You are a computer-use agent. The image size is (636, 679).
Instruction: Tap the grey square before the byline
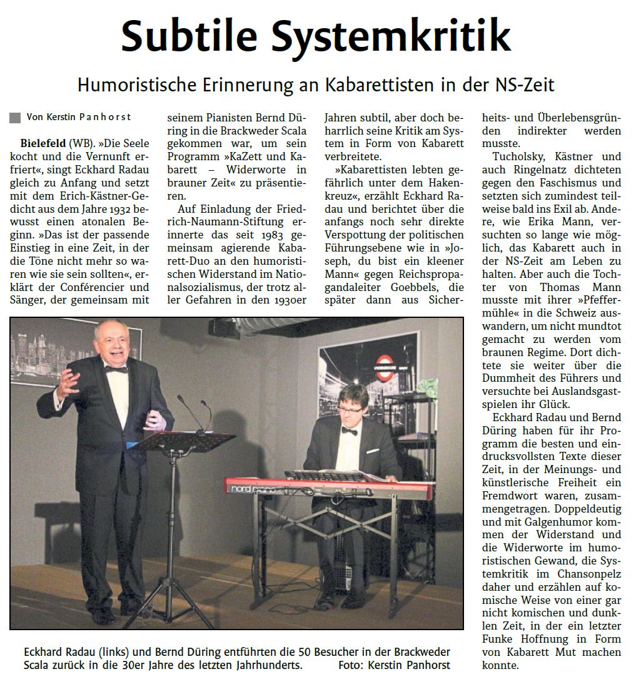click(x=15, y=118)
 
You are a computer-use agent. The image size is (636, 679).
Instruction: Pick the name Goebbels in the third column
click(x=404, y=287)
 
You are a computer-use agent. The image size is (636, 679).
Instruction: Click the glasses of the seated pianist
click(x=348, y=410)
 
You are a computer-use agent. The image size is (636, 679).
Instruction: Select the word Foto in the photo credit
click(x=351, y=665)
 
